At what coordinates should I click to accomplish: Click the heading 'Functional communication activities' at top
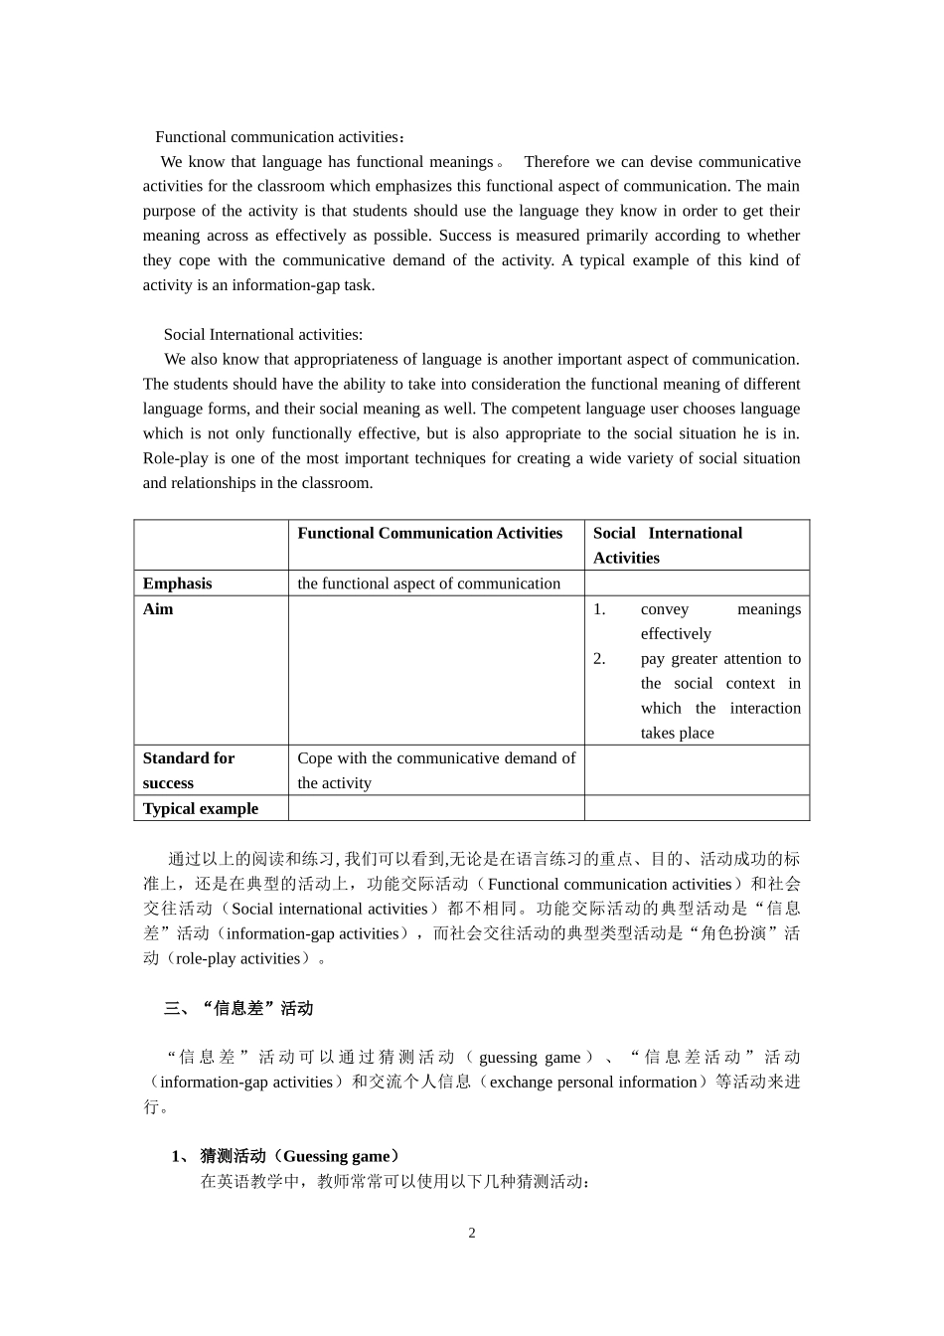[278, 137]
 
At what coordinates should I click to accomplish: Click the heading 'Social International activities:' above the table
[262, 335]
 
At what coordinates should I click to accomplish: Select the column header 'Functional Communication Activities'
[429, 534]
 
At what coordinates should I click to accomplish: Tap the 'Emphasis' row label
[177, 584]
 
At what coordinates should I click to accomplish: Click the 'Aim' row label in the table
[158, 609]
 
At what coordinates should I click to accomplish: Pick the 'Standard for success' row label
[188, 770]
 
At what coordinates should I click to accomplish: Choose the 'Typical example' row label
[200, 809]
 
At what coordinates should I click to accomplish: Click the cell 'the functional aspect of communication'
[428, 584]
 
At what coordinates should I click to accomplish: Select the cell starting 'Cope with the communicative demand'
[435, 770]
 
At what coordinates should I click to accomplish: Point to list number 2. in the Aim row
[599, 659]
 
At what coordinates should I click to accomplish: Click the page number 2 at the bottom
[472, 1234]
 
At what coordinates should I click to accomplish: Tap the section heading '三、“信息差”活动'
[238, 1009]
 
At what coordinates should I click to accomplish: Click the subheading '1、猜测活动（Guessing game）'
[286, 1156]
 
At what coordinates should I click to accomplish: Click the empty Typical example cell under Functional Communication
[435, 809]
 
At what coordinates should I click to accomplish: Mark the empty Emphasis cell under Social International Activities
[696, 584]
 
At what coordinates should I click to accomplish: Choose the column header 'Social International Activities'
[667, 546]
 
